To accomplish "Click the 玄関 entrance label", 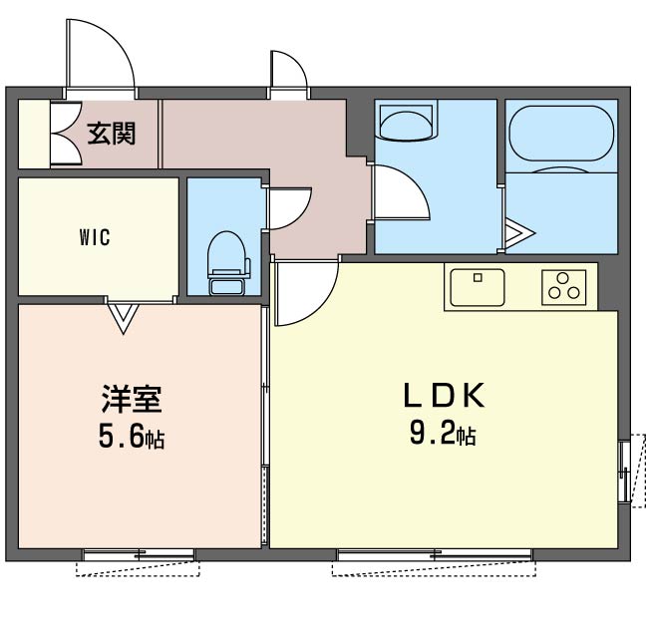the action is coord(112,134).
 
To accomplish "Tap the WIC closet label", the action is coord(95,237).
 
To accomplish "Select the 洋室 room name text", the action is coord(132,399).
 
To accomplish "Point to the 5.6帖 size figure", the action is coord(132,438).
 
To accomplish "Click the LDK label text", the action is coord(444,396).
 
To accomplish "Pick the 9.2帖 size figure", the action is coord(443,434).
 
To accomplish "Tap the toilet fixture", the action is coord(228,263).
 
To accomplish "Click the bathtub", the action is coord(561,133).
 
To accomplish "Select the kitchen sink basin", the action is coord(478,287).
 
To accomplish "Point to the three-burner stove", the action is coord(563,287).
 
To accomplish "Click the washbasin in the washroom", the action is coord(407,123).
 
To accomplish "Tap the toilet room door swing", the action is coord(289,208).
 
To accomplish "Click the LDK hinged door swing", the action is coord(306,294).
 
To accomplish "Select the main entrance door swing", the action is coord(100,53).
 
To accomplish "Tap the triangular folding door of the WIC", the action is coord(123,318).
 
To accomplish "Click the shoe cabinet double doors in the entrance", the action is coord(66,134).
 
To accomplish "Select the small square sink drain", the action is coord(478,278).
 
